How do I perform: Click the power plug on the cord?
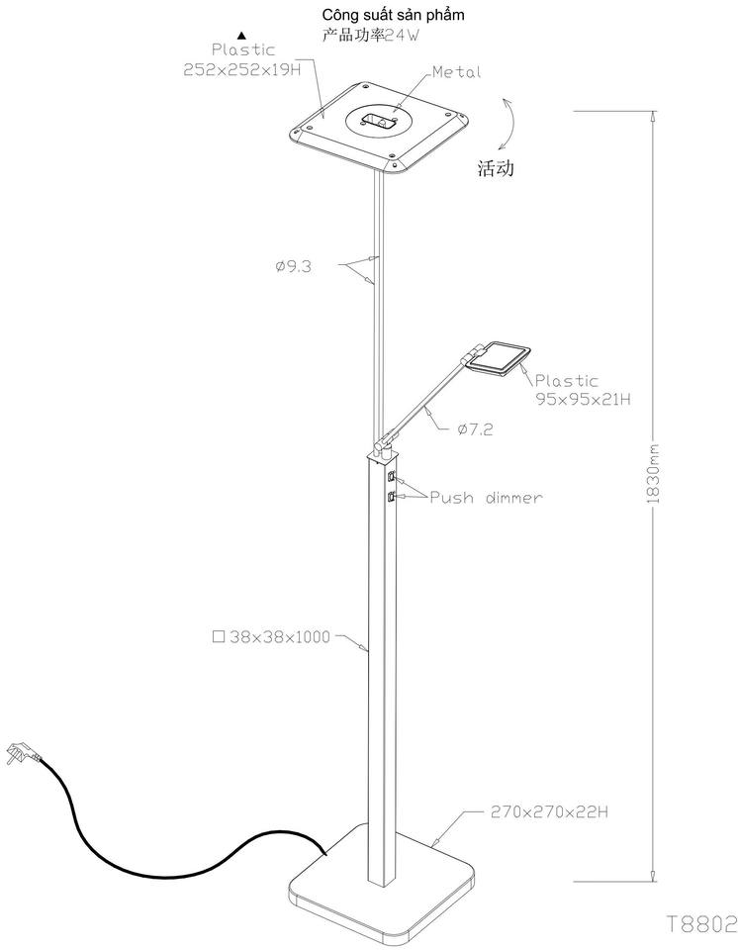[22, 754]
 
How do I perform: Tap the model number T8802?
[701, 924]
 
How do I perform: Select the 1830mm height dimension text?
[653, 474]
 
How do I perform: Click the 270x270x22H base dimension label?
[549, 811]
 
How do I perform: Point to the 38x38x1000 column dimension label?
[271, 636]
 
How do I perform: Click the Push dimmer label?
[486, 498]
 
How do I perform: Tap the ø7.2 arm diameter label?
[475, 429]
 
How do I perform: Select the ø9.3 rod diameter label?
[293, 266]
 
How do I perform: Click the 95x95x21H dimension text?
[583, 399]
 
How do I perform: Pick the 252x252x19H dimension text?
[242, 69]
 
